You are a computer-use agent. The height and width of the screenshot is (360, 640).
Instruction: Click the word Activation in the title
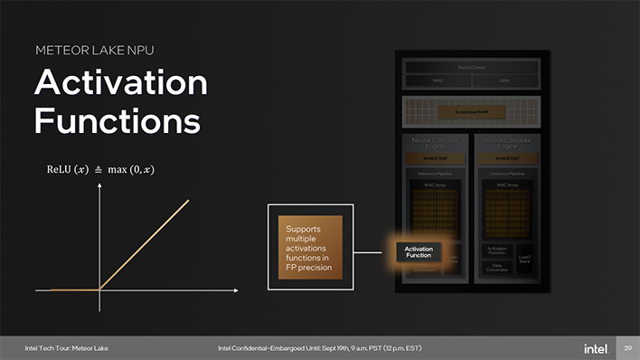coord(120,84)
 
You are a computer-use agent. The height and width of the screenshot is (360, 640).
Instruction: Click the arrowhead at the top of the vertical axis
coord(99,187)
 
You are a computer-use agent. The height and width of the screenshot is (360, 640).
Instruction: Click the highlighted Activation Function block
coord(418,251)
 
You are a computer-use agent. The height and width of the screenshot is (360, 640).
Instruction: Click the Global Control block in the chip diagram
coord(471,67)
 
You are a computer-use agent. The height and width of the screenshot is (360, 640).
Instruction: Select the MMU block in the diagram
coord(438,81)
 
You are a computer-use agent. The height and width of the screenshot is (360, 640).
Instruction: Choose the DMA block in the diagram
coord(504,81)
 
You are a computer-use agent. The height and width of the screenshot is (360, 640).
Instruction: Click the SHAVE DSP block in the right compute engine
coord(506,158)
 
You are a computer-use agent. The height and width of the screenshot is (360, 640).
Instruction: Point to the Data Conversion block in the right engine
coord(497,267)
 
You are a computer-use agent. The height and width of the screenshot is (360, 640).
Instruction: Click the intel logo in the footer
coord(595,348)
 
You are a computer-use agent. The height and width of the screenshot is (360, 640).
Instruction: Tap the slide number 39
coord(627,348)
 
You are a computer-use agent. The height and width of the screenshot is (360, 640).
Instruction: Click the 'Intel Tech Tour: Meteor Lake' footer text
coord(66,348)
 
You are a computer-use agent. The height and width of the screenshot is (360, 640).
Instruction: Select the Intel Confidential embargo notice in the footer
coord(319,348)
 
